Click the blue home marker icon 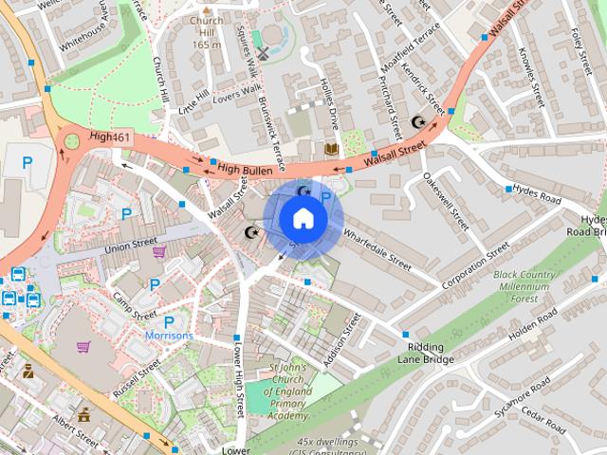click(x=303, y=219)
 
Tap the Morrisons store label click(x=169, y=336)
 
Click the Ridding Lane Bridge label click(x=426, y=354)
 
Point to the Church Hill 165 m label click(x=206, y=31)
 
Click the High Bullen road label click(x=245, y=170)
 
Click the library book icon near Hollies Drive click(x=331, y=150)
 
